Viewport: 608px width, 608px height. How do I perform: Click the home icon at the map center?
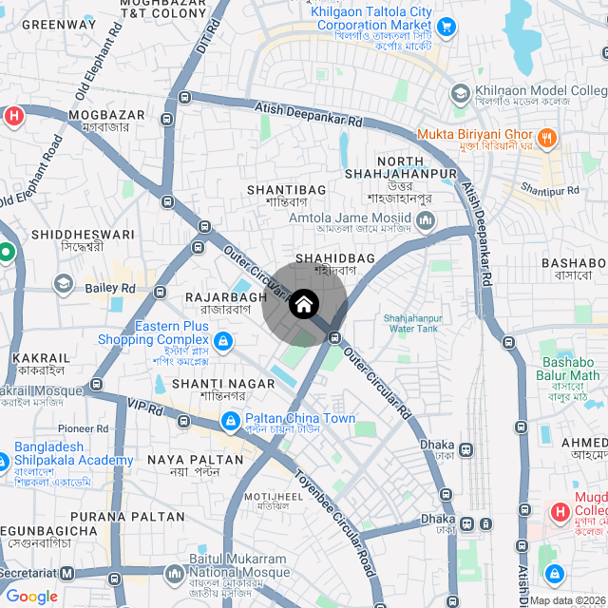coord(304,305)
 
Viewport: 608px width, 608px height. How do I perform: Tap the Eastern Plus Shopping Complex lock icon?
coord(222,340)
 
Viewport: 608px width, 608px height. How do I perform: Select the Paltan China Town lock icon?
coord(230,420)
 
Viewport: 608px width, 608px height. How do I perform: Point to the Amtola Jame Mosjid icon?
coord(425,221)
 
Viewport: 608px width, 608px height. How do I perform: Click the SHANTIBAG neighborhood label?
coord(286,190)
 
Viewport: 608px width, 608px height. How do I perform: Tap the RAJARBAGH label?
coord(226,297)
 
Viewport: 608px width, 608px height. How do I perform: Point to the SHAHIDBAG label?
coord(335,258)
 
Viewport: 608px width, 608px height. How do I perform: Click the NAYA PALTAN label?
coord(197,460)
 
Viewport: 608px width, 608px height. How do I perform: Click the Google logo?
coord(32,597)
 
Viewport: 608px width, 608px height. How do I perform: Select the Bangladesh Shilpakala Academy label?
coord(72,454)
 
